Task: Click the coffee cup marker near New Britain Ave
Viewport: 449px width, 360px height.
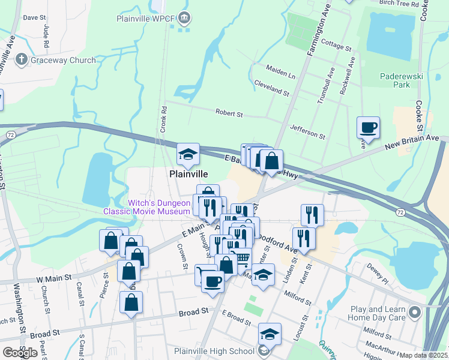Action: coord(369,128)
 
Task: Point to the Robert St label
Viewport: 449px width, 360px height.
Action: coord(229,113)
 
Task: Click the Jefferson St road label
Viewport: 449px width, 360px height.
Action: coord(307,131)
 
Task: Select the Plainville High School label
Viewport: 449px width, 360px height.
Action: coord(214,352)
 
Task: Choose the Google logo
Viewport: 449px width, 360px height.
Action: coord(20,353)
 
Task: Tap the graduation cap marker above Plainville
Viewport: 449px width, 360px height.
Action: coord(188,155)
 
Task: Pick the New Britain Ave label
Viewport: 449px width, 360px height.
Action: coord(412,142)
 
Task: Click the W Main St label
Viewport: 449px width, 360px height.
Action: coord(54,279)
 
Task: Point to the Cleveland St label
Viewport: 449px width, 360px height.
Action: coord(271,90)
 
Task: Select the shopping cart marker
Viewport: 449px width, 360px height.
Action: coord(241,259)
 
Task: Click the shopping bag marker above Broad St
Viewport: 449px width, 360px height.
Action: coord(131,302)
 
